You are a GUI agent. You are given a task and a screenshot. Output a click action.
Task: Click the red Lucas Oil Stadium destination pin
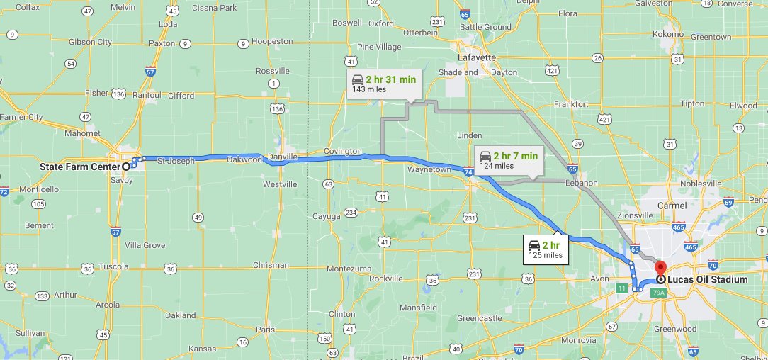[660, 269]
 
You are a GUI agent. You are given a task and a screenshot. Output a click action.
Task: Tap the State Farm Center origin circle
[126, 166]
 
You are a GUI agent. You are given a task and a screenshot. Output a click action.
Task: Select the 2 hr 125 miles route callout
[546, 249]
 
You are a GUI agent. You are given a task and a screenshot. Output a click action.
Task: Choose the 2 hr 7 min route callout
[507, 160]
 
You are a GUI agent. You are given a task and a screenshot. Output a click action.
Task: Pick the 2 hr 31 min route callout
[383, 83]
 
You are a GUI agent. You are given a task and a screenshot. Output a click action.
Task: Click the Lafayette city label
[476, 57]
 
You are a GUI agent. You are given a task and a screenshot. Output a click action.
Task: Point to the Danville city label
[283, 156]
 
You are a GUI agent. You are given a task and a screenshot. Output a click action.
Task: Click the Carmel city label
[671, 206]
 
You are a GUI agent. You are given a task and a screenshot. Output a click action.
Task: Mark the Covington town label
[342, 152]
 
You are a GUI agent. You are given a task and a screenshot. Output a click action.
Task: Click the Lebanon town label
[582, 183]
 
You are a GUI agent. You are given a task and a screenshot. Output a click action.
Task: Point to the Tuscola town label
[113, 266]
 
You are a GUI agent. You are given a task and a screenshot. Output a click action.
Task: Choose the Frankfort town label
[572, 104]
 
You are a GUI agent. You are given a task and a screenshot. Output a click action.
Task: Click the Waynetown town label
[429, 170]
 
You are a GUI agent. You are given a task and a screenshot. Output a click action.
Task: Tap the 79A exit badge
[658, 292]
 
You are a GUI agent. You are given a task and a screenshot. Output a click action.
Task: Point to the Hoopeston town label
[273, 41]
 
